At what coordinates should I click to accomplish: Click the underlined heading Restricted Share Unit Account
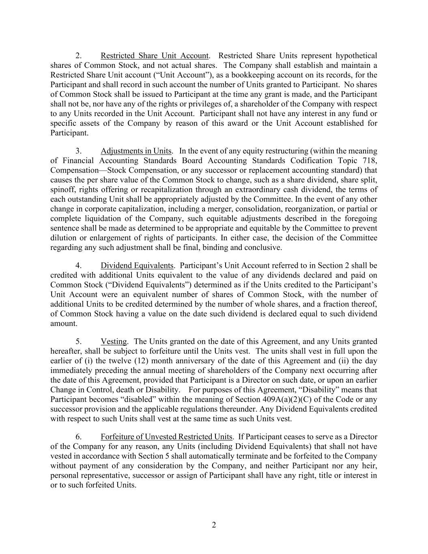pyautogui.click(x=155, y=56)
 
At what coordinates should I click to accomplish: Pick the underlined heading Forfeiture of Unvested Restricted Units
pyautogui.click(x=166, y=437)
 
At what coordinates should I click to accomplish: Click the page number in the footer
pyautogui.click(x=214, y=525)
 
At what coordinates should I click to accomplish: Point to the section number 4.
pyautogui.click(x=79, y=265)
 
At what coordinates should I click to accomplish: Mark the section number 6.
pyautogui.click(x=79, y=437)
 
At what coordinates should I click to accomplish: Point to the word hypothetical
pyautogui.click(x=356, y=56)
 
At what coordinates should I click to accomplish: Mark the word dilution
pyautogui.click(x=63, y=238)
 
